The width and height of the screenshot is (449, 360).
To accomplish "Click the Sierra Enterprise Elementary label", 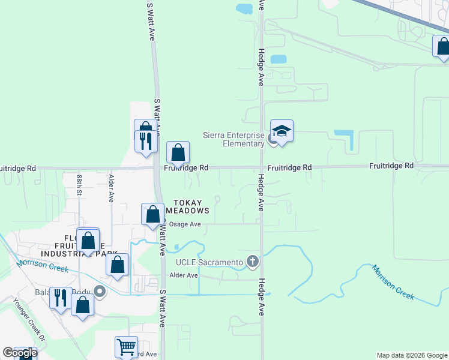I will (x=233, y=139).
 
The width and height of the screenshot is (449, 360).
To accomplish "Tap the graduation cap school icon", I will (x=281, y=130).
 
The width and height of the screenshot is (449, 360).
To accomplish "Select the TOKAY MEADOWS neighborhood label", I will (x=191, y=206).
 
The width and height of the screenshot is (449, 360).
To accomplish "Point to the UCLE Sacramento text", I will (x=209, y=262).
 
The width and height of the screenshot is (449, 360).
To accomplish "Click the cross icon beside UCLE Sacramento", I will (x=253, y=262).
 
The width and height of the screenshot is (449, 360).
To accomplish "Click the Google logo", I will (x=20, y=352).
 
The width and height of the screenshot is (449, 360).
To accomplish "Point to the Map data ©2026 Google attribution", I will (x=412, y=355).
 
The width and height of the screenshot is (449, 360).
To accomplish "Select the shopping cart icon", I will (x=126, y=346).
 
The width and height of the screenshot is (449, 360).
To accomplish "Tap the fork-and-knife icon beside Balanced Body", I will (x=61, y=297).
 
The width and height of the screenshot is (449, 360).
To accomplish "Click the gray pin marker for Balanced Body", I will (x=100, y=292).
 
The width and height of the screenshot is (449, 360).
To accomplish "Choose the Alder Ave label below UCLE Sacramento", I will (x=184, y=275).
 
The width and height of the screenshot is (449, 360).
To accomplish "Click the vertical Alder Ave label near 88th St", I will (x=111, y=187).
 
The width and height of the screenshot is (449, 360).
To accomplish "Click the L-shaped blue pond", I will (x=344, y=139).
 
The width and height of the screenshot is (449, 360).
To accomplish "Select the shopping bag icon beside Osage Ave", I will (x=152, y=214).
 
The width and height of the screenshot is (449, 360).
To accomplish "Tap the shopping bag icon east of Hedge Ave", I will (x=443, y=47).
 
